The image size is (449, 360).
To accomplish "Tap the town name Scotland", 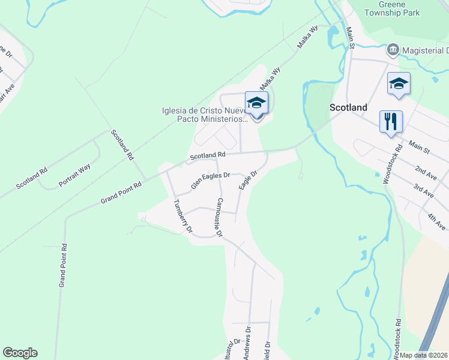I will pyautogui.click(x=348, y=107).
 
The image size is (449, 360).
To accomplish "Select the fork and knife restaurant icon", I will pyautogui.click(x=391, y=121).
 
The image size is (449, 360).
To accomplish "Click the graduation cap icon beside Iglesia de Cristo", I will pyautogui.click(x=256, y=103).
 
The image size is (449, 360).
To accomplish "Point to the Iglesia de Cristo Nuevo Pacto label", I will pyautogui.click(x=203, y=115).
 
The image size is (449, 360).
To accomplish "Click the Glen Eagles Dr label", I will pyautogui.click(x=210, y=181).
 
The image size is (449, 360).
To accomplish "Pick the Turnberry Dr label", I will pyautogui.click(x=182, y=215).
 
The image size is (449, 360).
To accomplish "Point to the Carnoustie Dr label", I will pyautogui.click(x=220, y=216).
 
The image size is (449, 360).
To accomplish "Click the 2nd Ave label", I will pyautogui.click(x=426, y=174).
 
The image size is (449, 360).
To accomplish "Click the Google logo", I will pyautogui.click(x=20, y=353).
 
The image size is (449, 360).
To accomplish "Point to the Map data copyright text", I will pyautogui.click(x=424, y=355).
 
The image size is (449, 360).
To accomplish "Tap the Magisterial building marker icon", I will pyautogui.click(x=393, y=49).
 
